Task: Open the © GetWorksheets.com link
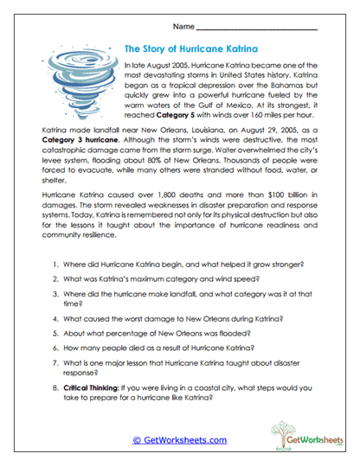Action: tap(179, 440)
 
